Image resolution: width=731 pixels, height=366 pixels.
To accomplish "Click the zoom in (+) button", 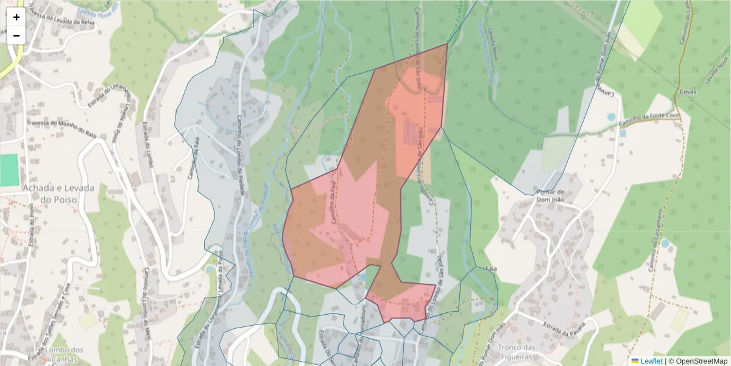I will (x=16, y=17).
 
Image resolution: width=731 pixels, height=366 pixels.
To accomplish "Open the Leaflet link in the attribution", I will (x=651, y=361).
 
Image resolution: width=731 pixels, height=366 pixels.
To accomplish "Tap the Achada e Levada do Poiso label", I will (x=58, y=193).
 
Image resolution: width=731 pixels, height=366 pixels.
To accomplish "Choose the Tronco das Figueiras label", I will (x=516, y=352).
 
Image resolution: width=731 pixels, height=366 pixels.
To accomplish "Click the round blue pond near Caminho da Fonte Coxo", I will (x=612, y=117).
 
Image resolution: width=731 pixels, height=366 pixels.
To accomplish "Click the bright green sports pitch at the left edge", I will (x=9, y=170).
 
